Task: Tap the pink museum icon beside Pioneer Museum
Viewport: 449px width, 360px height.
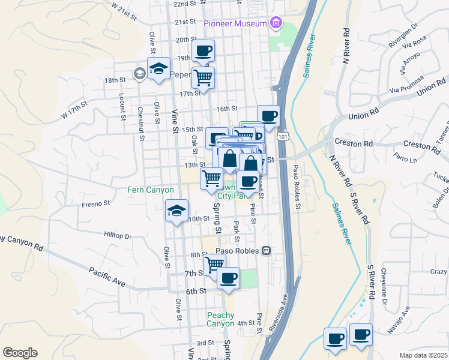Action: tap(276, 23)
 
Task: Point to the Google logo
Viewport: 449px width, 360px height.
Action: tap(20, 353)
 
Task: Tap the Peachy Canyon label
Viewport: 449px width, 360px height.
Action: tap(221, 319)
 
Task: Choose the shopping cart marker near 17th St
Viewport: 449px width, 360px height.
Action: tap(203, 77)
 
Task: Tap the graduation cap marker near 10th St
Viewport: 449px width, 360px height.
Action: tap(176, 211)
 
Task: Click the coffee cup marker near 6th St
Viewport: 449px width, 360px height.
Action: tap(228, 279)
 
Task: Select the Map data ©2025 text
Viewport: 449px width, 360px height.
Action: tap(423, 355)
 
